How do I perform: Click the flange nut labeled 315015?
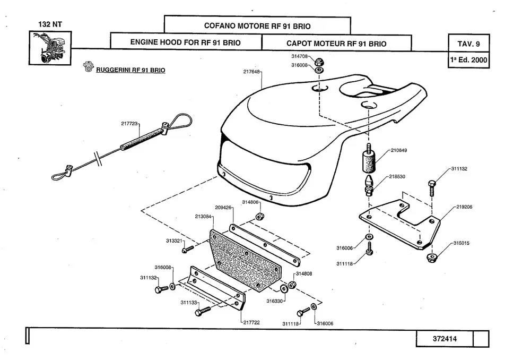coord(431,258)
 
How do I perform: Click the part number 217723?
coord(129,124)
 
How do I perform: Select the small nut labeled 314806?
coord(260,216)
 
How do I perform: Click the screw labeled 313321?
coord(186,248)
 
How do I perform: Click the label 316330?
coord(274,301)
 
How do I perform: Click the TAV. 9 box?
coord(468,42)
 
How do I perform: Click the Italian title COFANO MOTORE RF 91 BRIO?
coord(257,25)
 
